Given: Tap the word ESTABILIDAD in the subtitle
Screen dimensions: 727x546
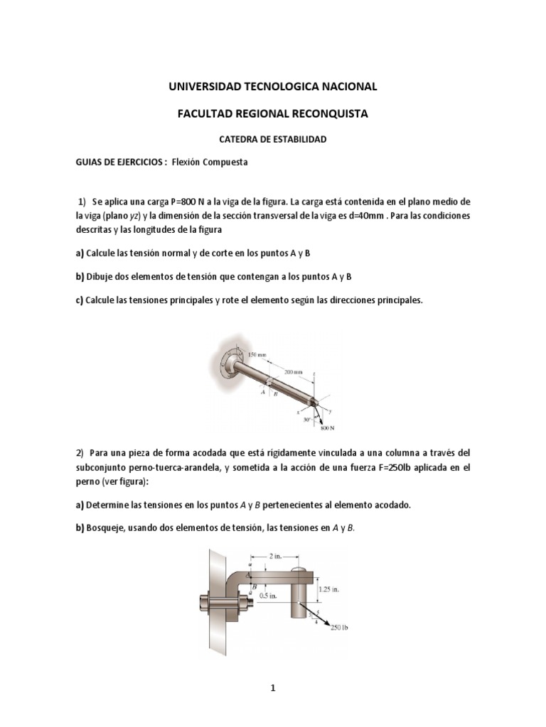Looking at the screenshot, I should coord(296,140).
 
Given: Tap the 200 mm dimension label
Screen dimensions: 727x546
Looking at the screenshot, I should coord(294,371).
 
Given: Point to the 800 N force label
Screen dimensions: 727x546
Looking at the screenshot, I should coord(328,428).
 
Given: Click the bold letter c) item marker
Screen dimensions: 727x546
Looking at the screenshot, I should coord(79,300).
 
